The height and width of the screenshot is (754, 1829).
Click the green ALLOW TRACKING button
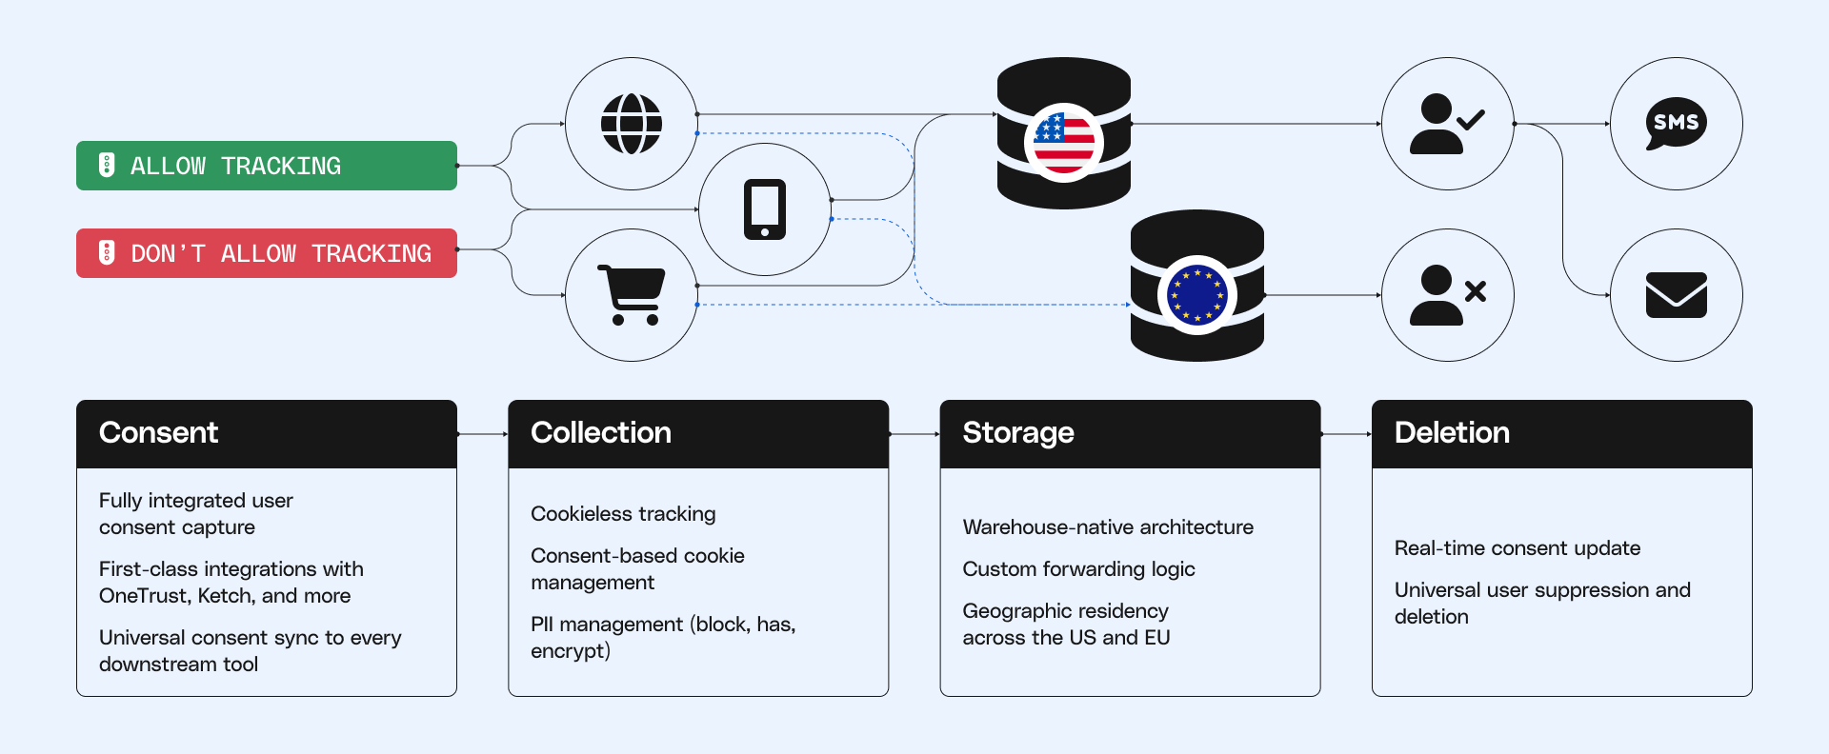pos(266,166)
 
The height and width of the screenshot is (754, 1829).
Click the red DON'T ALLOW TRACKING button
pos(266,253)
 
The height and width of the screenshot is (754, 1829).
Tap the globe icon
pos(631,124)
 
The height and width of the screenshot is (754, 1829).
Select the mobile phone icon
pos(764,209)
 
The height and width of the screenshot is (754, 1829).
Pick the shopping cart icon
pos(631,295)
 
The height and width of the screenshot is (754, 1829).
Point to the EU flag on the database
pos(1196,295)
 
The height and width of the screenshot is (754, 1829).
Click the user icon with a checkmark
pos(1446,124)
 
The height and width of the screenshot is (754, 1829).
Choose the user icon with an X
pos(1446,295)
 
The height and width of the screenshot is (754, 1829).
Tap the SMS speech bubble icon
pos(1676,123)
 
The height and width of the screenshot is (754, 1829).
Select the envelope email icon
pos(1676,295)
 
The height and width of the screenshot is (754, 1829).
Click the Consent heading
pos(159,433)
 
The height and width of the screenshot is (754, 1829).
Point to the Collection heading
pos(601,433)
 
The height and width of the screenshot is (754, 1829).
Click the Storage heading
pos(1018,433)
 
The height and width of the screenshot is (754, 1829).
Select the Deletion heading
pos(1452,433)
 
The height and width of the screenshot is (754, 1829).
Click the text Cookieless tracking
pos(623,514)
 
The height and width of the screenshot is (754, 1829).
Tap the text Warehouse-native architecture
pos(1108,527)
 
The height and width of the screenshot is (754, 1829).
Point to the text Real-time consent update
pos(1517,548)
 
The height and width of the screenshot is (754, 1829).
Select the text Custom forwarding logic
pos(1078,569)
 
